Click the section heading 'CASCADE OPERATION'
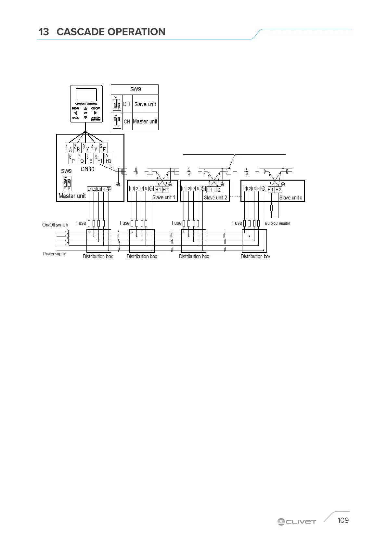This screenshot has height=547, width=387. [x=111, y=32]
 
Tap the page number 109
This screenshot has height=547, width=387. [x=343, y=520]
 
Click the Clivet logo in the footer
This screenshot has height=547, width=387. [x=297, y=522]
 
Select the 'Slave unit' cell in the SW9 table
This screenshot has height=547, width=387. [x=145, y=104]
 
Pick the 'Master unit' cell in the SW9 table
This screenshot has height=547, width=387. [x=145, y=121]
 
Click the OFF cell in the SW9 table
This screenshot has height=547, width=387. [x=127, y=104]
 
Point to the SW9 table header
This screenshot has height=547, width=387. [x=135, y=89]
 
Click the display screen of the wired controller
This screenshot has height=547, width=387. [x=86, y=95]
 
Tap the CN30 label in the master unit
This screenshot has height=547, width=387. [x=87, y=169]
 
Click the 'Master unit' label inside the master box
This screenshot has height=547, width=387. [x=72, y=196]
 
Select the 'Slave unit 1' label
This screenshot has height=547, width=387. [x=164, y=197]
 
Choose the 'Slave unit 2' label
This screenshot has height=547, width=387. [x=215, y=197]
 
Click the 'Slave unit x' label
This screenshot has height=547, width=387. [x=290, y=197]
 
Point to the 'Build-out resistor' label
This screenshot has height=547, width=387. [x=277, y=223]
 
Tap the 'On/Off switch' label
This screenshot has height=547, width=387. [x=55, y=225]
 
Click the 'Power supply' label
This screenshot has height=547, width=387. [x=54, y=254]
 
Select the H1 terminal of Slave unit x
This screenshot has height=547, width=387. [x=271, y=190]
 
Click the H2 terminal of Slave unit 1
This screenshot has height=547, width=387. [x=166, y=190]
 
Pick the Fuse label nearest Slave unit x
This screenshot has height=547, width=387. [x=237, y=223]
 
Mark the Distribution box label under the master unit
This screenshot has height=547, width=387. [x=98, y=256]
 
